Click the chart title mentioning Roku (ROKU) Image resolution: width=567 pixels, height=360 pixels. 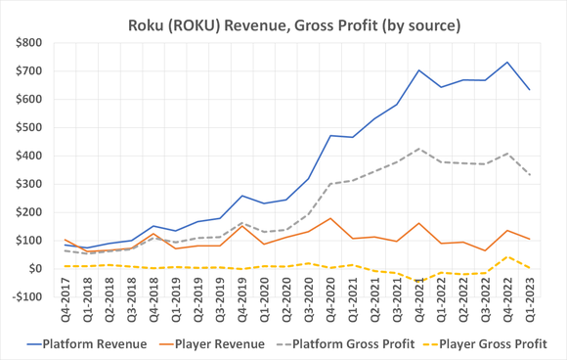click(283, 18)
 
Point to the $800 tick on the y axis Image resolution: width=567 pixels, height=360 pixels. click(29, 43)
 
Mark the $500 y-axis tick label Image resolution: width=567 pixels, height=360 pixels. click(29, 128)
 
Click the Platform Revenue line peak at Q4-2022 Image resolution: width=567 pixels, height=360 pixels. click(506, 62)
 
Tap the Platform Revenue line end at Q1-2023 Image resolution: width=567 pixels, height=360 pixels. click(529, 90)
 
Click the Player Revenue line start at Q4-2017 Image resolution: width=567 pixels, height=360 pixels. click(65, 240)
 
